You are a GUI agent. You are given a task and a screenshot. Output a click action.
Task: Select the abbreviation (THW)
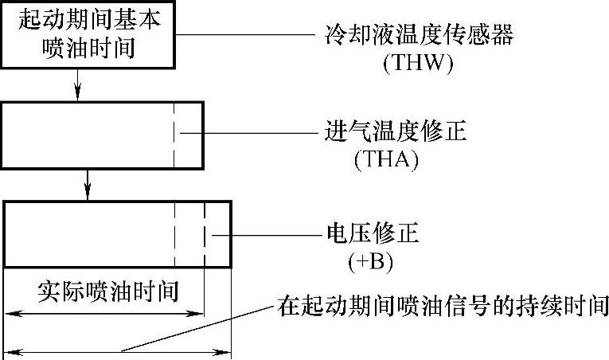coord(418,64)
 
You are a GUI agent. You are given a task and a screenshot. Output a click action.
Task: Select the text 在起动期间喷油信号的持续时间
coord(443,304)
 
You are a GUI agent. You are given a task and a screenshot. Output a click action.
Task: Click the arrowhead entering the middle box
coord(78,94)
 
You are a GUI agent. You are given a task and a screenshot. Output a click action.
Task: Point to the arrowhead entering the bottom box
coord(88,195)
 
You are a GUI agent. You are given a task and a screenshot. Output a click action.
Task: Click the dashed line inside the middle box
coord(174,135)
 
